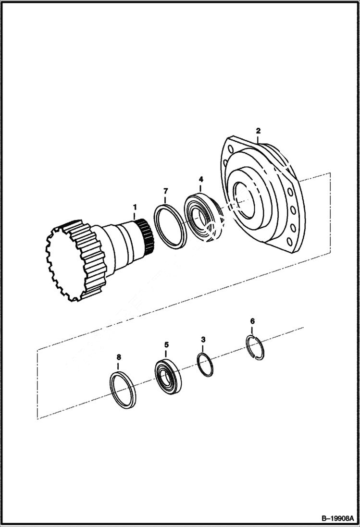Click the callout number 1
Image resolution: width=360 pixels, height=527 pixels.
pyautogui.click(x=135, y=207)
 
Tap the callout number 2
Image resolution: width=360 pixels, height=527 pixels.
pyautogui.click(x=258, y=131)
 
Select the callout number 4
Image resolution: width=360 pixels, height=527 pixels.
pyautogui.click(x=201, y=180)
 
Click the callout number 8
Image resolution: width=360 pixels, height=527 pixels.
pyautogui.click(x=119, y=357)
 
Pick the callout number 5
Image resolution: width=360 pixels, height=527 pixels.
pyautogui.click(x=166, y=345)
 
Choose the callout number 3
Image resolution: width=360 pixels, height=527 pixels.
pyautogui.click(x=203, y=340)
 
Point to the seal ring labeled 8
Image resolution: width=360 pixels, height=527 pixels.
pyautogui.click(x=123, y=390)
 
